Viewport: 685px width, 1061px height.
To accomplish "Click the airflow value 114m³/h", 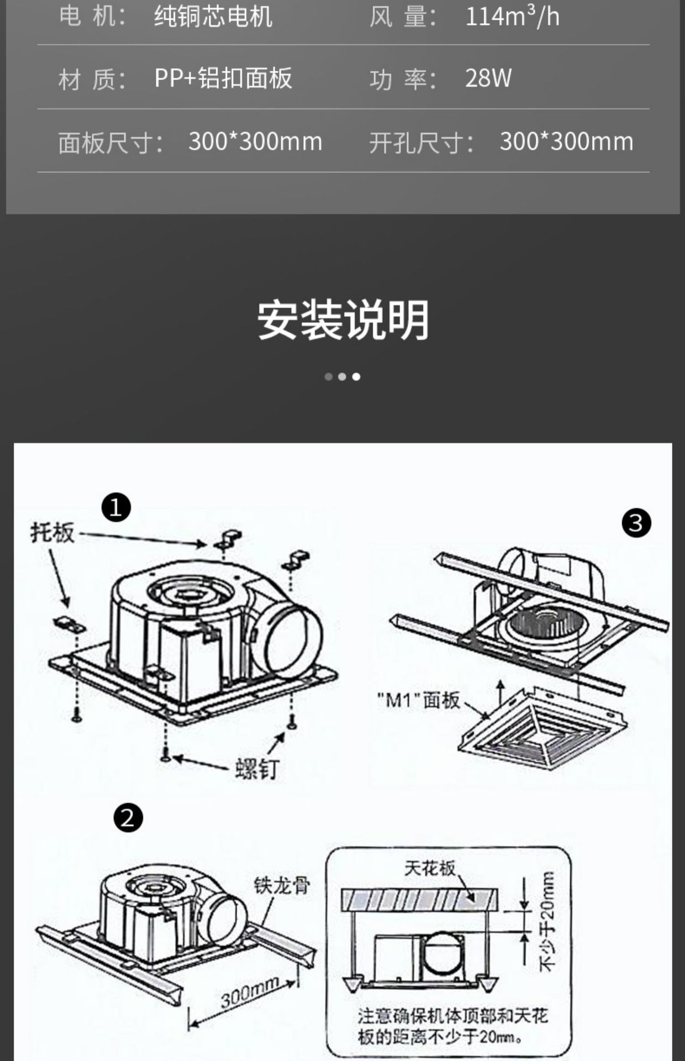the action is [x=512, y=17].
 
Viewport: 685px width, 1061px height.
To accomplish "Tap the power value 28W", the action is [x=488, y=78].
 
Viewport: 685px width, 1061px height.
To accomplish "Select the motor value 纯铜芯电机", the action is [x=213, y=17].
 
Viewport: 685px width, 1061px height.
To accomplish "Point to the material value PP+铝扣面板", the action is [x=223, y=78].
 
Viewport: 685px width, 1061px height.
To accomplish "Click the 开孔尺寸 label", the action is [x=421, y=143].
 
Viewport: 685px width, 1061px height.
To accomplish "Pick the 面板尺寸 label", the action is [x=110, y=143].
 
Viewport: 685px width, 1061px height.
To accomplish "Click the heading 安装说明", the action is [x=342, y=321].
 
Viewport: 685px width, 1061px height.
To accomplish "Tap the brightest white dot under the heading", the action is [x=356, y=377].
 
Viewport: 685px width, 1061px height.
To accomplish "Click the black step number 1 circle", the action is [x=116, y=507].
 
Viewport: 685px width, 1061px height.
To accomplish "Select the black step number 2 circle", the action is [x=128, y=818].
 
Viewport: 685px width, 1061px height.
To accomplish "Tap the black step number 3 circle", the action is [x=636, y=523].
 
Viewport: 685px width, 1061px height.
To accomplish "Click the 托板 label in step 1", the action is [x=52, y=533].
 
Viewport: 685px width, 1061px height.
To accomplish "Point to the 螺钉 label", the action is [x=257, y=769].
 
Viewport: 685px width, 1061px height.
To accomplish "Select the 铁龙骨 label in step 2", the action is [x=282, y=885].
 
